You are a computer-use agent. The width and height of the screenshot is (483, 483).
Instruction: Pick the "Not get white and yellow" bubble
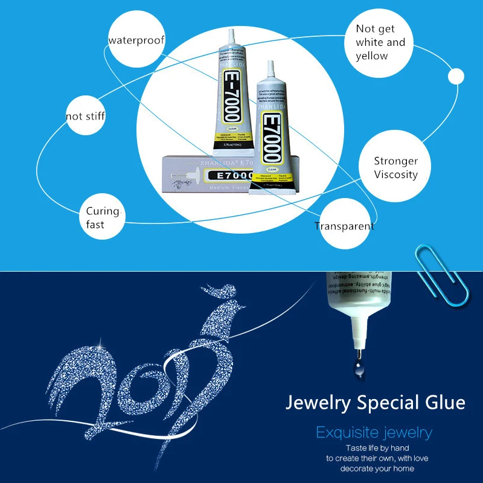(380, 43)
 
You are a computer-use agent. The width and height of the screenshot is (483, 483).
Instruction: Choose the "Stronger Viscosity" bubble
(395, 168)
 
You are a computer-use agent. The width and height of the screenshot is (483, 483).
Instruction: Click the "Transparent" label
(344, 226)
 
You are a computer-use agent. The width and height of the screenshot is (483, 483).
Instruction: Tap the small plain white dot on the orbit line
(456, 77)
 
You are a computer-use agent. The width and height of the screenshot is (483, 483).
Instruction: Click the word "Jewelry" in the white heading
(321, 402)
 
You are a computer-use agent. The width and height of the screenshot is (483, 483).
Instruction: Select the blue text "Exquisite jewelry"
(374, 432)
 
